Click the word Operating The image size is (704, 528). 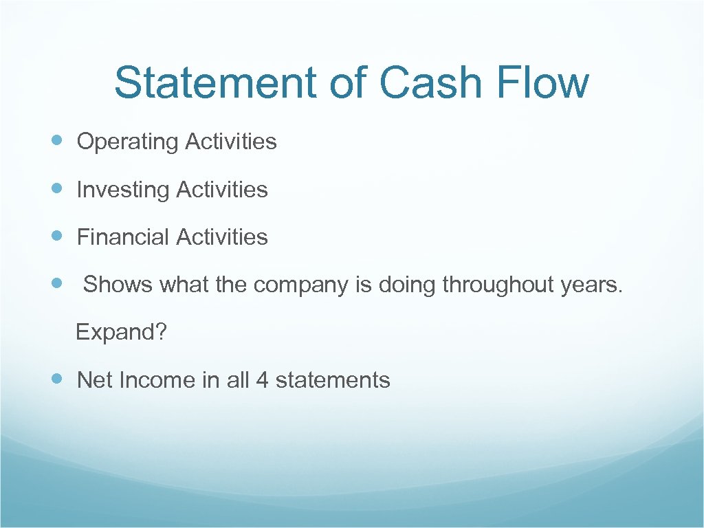click(127, 142)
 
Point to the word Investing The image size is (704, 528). click(123, 190)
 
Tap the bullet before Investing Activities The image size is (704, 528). click(58, 188)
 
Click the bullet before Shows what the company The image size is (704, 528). click(58, 283)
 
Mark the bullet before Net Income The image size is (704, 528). click(58, 378)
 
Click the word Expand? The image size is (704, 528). click(122, 333)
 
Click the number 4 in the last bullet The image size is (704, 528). click(262, 380)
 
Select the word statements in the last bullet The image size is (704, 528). click(333, 380)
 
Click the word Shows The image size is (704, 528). click(118, 285)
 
